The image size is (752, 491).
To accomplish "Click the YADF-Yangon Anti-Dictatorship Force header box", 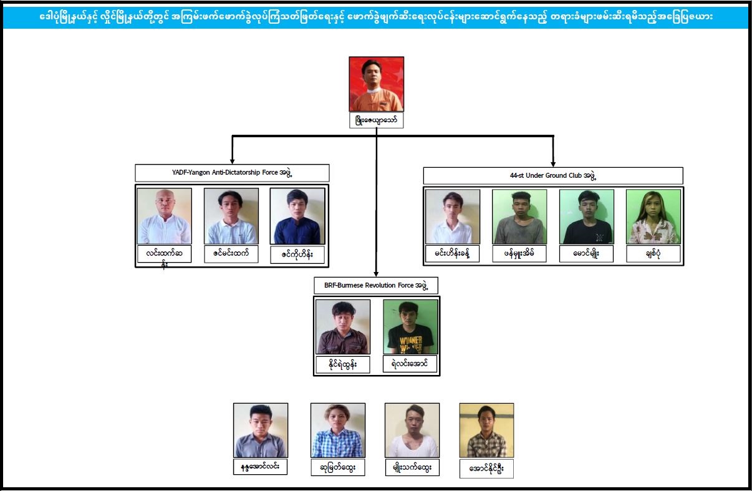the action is coord(232,173).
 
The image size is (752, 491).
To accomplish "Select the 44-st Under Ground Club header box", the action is coord(553,176).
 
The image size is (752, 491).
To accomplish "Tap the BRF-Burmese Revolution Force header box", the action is coord(376,286).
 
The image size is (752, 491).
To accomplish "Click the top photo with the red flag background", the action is coord(377,84).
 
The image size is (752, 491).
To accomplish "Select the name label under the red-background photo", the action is coord(377,120).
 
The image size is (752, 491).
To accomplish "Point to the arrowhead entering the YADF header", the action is coord(232,161).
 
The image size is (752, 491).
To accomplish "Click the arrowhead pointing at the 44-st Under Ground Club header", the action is coord(553,164).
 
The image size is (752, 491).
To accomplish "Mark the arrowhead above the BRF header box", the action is coord(377,274).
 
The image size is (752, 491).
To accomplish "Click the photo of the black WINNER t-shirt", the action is coord(410,327).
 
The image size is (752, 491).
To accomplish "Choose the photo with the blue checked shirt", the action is coord(338,430).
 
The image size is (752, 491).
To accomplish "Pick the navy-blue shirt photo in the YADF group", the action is coord(297,216).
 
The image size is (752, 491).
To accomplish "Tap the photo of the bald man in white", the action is coord(165,216).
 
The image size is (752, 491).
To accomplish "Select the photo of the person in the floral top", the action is coord(653,216).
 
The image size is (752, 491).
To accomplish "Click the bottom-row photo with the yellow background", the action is coord(486,430).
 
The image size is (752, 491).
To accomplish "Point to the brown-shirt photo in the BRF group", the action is coord(343,327).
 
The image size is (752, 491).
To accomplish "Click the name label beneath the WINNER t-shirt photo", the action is coord(410,364).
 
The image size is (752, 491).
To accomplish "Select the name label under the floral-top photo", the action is coord(653,254).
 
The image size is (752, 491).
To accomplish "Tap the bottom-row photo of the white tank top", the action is coord(412,430).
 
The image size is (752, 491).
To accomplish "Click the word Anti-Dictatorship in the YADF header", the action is coord(236,172).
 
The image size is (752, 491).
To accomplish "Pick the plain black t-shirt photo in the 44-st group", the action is coord(587,216).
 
